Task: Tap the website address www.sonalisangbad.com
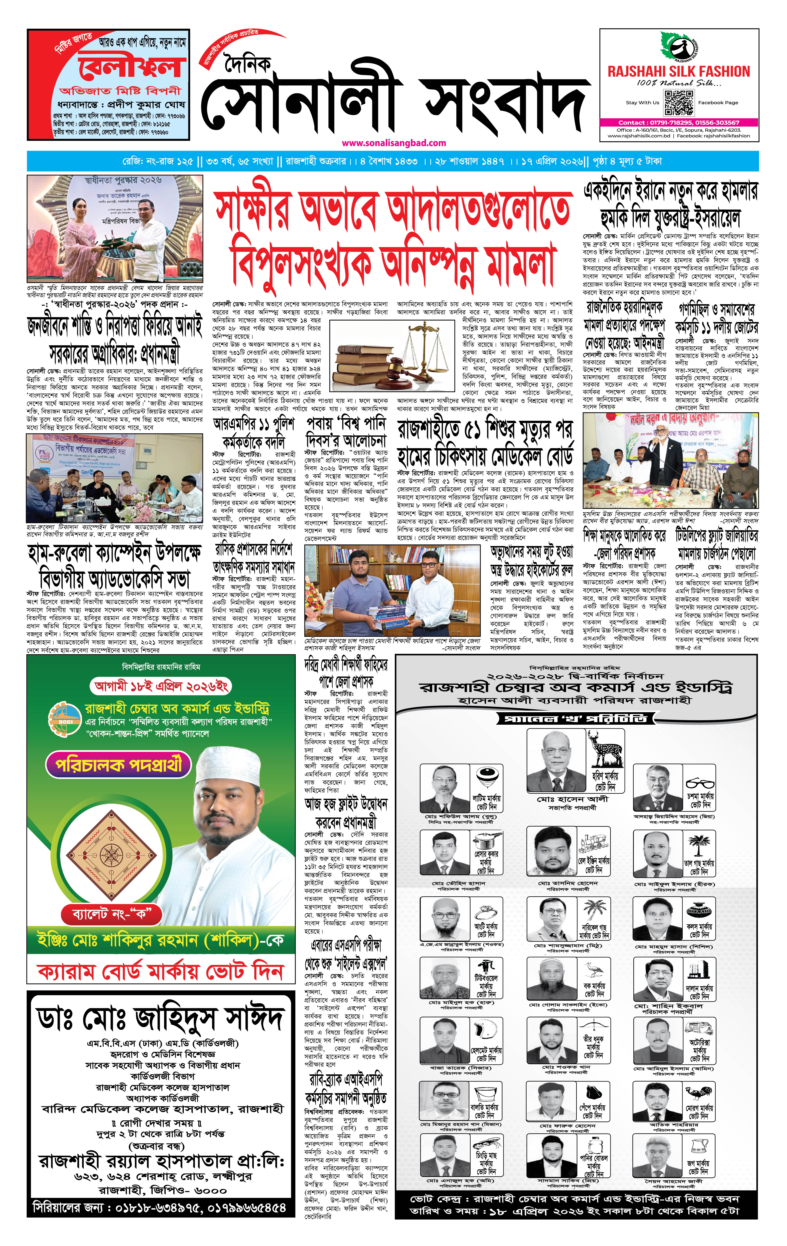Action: pos(394,143)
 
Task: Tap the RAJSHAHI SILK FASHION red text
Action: pos(678,71)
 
